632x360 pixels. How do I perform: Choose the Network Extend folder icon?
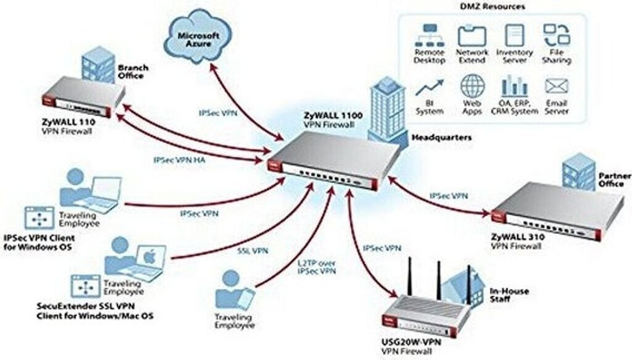472,35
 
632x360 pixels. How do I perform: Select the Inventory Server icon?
514,35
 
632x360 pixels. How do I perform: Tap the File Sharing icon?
556,35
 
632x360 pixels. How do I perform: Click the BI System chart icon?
430,87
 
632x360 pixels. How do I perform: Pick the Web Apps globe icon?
472,86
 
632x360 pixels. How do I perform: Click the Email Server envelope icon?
557,86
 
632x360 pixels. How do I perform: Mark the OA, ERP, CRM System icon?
514,86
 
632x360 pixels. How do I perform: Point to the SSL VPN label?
252,251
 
